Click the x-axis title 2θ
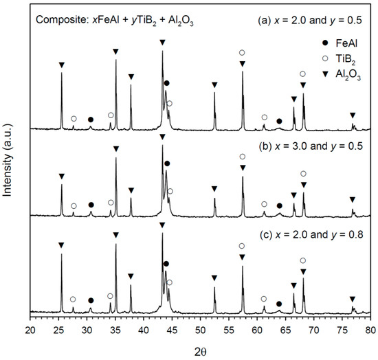tap(199, 349)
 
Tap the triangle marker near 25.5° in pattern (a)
tap(61, 65)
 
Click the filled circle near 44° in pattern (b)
tap(167, 164)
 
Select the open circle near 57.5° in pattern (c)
tap(241, 246)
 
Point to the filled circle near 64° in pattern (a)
tap(279, 121)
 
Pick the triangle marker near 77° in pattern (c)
tap(353, 299)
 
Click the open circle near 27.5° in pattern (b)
tap(74, 205)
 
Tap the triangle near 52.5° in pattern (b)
tap(214, 189)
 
